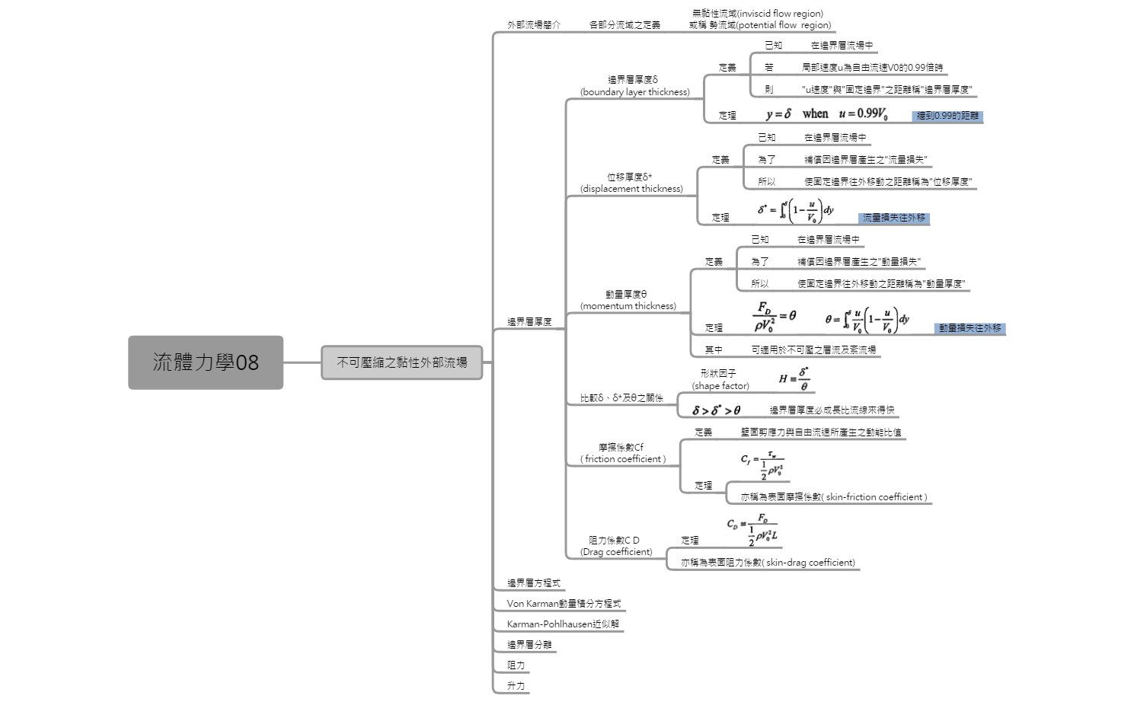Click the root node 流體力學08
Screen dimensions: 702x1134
pos(206,362)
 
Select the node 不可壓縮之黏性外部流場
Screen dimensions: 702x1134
pos(402,362)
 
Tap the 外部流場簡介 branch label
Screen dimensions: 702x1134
pos(534,24)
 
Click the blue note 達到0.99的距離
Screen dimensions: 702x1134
pos(947,116)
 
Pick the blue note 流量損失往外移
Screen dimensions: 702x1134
pos(893,218)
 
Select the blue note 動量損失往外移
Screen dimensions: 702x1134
pos(969,328)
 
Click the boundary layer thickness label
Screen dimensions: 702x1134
pos(634,92)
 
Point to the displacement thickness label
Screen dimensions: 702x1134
pos(631,189)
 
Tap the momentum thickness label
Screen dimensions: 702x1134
pos(628,306)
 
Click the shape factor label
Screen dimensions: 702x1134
pos(720,386)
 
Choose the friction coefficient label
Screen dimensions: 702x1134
pos(622,459)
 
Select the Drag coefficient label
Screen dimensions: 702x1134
pos(616,552)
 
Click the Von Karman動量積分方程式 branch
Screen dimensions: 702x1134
pos(564,604)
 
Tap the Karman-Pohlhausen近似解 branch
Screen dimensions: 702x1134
pos(563,624)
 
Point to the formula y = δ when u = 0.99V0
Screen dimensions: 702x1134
pos(826,114)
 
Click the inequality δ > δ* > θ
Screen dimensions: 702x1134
pos(716,410)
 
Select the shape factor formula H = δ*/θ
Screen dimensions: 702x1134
pos(794,378)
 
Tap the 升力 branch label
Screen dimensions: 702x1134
pos(516,686)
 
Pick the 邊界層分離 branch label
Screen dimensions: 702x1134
pos(529,645)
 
